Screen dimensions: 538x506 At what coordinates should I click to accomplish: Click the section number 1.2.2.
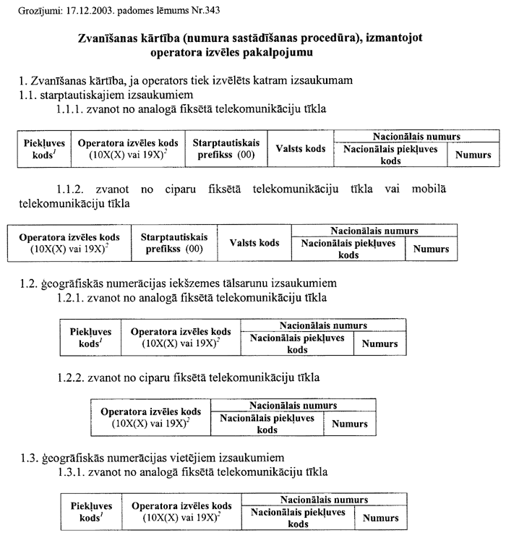(x=73, y=377)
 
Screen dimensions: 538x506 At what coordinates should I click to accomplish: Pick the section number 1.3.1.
(x=73, y=471)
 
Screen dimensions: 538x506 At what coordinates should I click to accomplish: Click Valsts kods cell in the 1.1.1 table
(x=301, y=149)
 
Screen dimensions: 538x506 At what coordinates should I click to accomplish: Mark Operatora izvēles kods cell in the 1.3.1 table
(x=181, y=511)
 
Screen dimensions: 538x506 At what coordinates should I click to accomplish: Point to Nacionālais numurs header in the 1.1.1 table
(x=417, y=136)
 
